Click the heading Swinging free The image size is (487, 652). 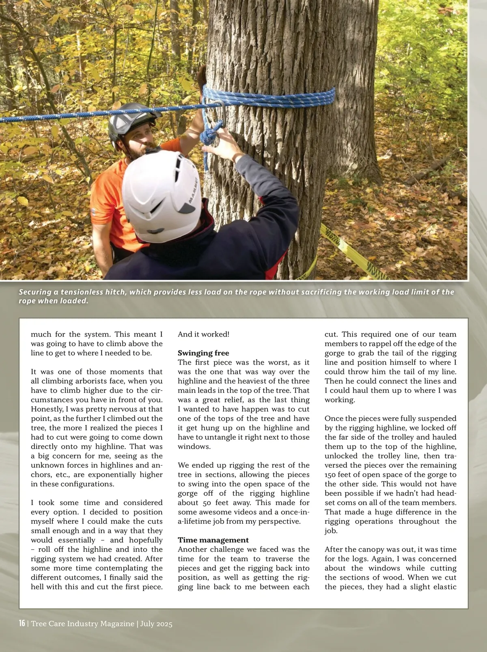coord(203,353)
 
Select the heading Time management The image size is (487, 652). coord(213,540)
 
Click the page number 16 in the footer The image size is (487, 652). coord(22,623)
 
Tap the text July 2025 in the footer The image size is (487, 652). coord(156,624)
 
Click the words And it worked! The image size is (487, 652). coord(203,334)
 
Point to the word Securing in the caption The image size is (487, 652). coord(35,292)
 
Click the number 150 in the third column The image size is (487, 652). coord(332,475)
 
